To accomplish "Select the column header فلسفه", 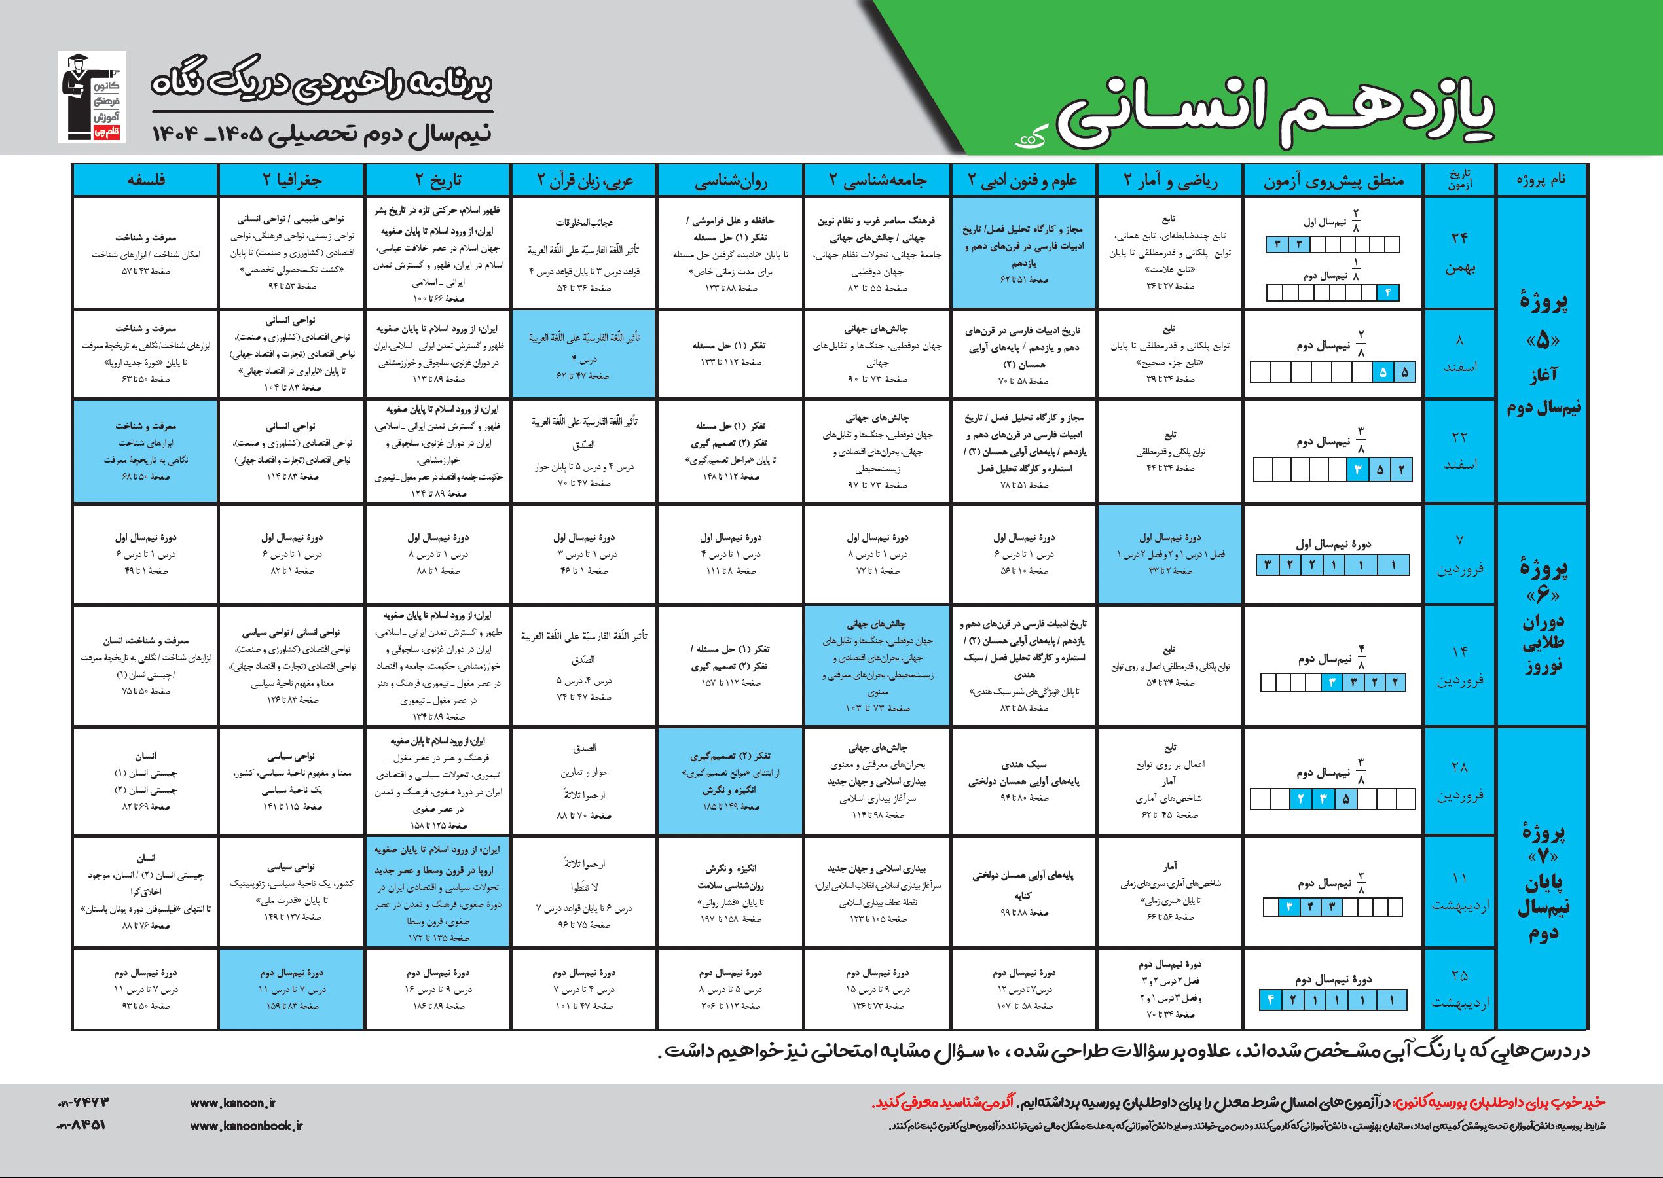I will pos(145,181).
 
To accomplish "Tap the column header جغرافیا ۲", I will pos(291,181).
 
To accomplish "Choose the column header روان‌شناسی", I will pos(731,181).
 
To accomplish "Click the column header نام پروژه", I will pos(1541,181).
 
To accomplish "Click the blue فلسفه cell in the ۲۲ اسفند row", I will pos(145,450).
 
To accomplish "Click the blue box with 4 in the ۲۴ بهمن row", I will pos(1387,293).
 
